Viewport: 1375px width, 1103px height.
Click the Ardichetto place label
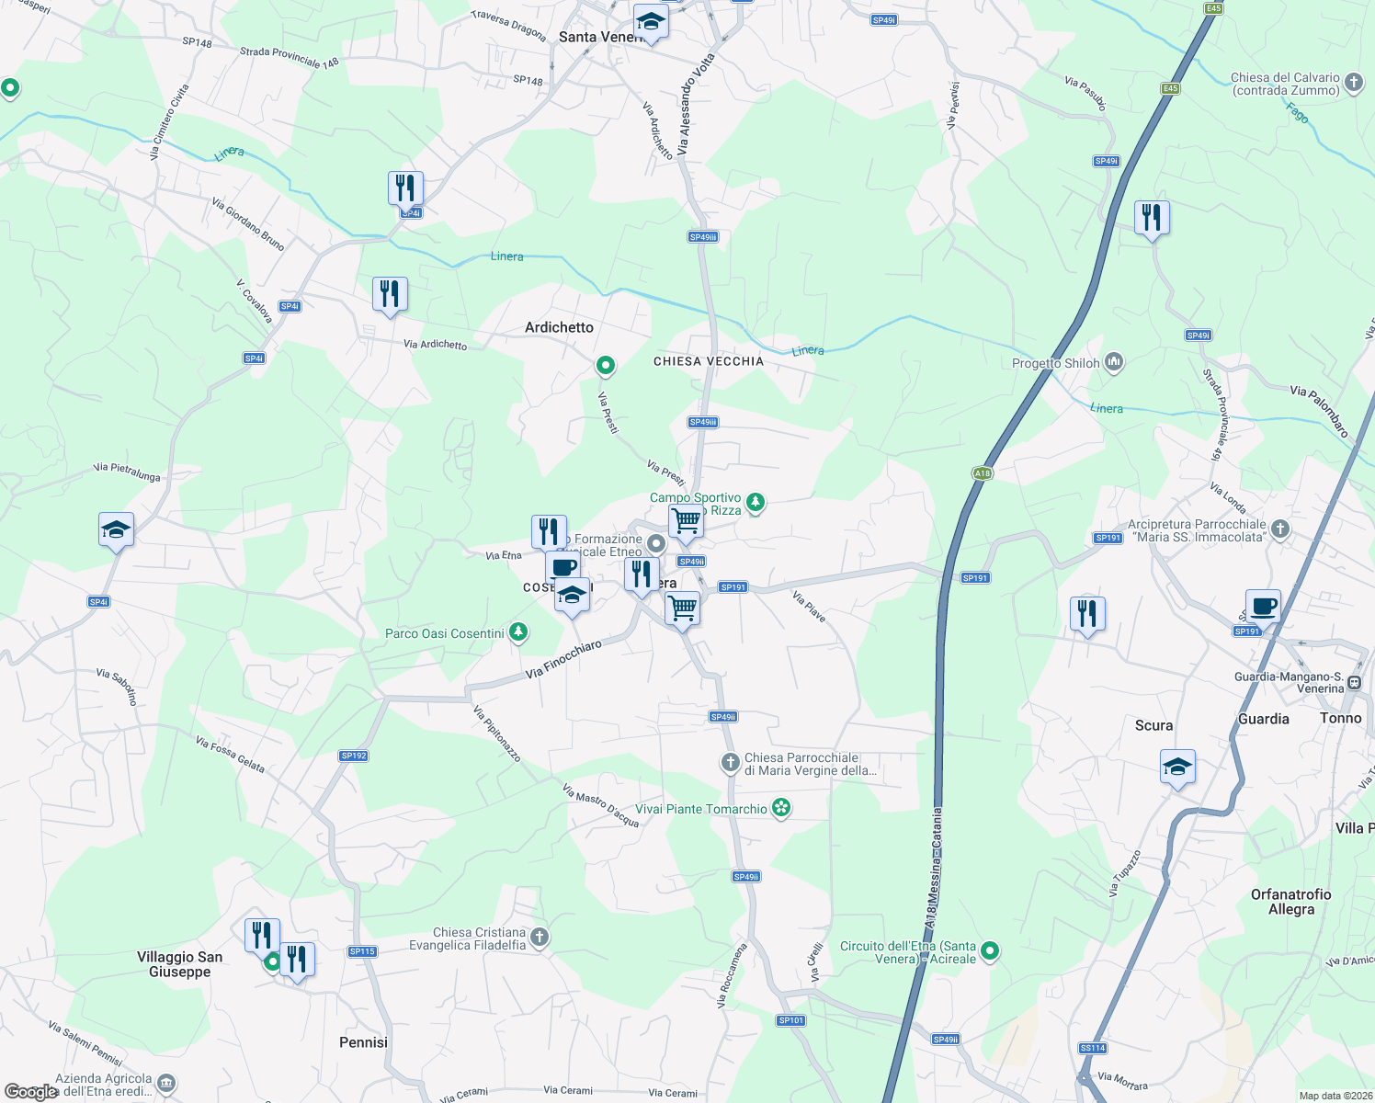559,327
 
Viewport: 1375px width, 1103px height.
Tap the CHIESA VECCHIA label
708,361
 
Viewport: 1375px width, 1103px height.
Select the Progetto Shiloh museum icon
1114,362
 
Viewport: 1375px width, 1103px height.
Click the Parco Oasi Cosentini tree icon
518,632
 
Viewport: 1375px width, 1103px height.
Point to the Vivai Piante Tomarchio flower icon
781,809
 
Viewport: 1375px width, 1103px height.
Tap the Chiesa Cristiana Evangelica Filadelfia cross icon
540,938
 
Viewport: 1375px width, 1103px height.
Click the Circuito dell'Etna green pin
990,951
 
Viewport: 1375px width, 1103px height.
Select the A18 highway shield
982,473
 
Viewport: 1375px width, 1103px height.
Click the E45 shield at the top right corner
1214,8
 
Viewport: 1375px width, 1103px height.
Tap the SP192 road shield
354,756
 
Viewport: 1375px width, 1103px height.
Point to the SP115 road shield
362,951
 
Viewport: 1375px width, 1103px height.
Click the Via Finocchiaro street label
563,660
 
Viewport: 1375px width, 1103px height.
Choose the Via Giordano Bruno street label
248,223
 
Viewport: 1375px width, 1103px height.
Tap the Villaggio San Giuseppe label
180,964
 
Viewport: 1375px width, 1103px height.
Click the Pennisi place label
363,1042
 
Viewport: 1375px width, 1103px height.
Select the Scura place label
1153,725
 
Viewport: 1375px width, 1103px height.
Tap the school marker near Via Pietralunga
116,531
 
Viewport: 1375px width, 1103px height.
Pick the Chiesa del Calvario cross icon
1353,83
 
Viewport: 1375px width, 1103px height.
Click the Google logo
30,1092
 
